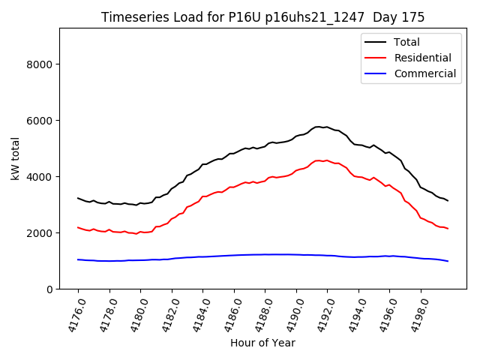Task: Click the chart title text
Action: coord(262,17)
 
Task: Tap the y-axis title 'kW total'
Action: coord(16,158)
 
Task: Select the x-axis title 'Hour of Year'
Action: coord(262,343)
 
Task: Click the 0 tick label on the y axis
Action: coord(49,289)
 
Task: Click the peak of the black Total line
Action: coord(319,127)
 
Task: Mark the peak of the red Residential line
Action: coord(319,160)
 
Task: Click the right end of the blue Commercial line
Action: coord(448,261)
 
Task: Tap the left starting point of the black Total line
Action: coord(78,198)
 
